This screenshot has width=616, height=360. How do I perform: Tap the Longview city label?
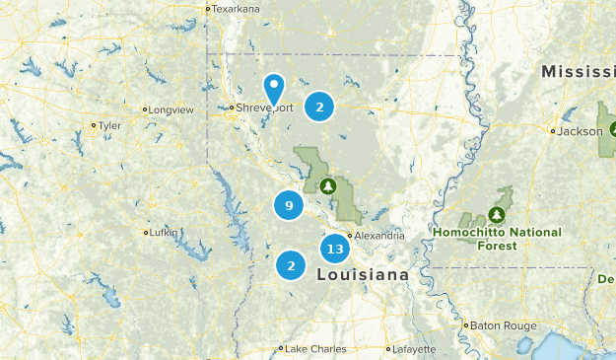pos(171,109)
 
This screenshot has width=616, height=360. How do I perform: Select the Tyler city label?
pos(108,125)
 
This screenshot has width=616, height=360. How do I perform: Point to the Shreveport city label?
pos(263,108)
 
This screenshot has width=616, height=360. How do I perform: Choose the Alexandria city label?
pos(378,236)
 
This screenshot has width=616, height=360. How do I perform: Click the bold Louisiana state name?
pos(363,274)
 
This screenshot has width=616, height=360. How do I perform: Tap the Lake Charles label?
pos(312,348)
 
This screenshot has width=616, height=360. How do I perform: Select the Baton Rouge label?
pos(504,324)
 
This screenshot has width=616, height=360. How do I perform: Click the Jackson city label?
pos(581,130)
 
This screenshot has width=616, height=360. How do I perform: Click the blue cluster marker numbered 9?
pos(289,205)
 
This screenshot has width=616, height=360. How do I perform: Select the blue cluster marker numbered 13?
pos(334,249)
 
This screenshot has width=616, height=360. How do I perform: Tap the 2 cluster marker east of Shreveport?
pos(319,106)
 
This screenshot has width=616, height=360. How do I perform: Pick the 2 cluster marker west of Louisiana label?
pos(291,265)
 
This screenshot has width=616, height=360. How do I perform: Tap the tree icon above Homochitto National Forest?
pos(498,214)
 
